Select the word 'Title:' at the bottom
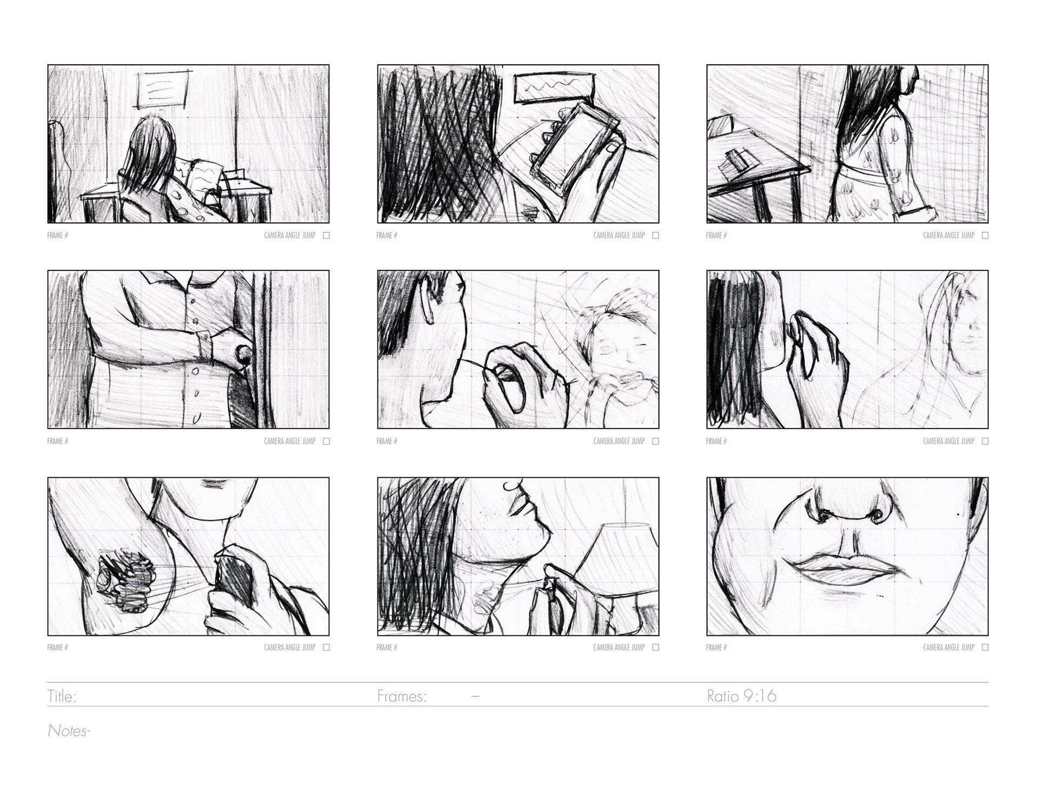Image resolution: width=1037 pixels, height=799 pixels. (x=62, y=696)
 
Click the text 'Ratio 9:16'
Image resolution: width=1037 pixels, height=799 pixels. (x=742, y=696)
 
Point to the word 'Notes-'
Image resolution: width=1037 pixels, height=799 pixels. (x=69, y=731)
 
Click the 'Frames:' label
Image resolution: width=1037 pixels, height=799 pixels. (x=402, y=696)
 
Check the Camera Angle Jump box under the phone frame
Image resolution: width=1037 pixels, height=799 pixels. (x=656, y=235)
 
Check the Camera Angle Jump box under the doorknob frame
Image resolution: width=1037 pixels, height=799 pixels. (x=326, y=441)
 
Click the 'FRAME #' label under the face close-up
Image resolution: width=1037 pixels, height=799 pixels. (x=716, y=647)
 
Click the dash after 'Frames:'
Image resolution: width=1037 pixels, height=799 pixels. (x=475, y=697)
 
